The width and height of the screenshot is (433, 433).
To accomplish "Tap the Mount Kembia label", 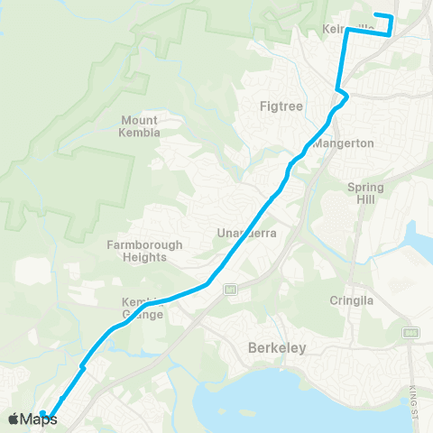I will click(139, 126).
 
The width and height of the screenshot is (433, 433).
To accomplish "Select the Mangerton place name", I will click(337, 143).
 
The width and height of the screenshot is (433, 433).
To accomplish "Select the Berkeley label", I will click(277, 347).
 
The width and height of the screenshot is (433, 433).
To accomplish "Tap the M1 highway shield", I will click(231, 290).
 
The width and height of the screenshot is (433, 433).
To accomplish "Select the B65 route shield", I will click(411, 333).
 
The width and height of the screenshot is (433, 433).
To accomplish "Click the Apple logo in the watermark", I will click(14, 419).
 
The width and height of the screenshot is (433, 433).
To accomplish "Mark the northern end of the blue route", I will click(374, 15).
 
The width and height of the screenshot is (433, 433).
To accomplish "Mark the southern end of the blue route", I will click(42, 414).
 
